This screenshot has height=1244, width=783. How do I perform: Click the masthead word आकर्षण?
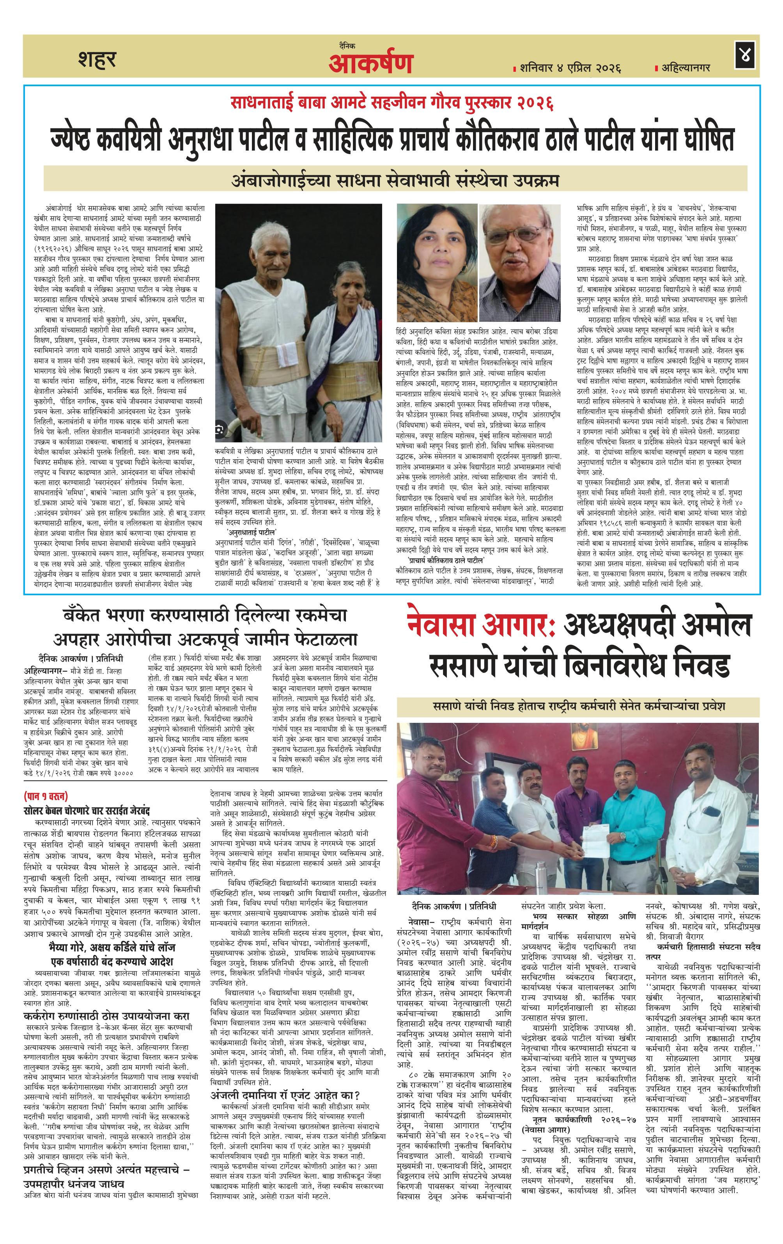coord(370,64)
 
